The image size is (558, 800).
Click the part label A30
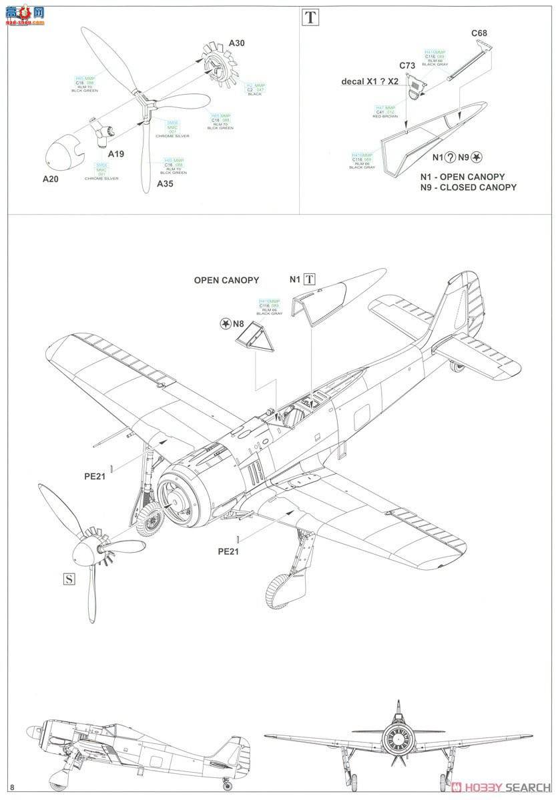[236, 43]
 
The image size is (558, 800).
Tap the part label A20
[51, 179]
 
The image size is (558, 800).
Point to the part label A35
[165, 183]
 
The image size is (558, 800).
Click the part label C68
[479, 33]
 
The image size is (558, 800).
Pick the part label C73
[407, 65]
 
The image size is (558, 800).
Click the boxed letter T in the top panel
[310, 17]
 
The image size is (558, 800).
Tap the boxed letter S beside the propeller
[67, 578]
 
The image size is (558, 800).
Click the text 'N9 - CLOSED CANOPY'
[469, 187]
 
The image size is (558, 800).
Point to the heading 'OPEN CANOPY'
[226, 280]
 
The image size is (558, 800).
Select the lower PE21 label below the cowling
[228, 551]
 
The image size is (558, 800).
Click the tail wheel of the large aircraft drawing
[456, 365]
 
